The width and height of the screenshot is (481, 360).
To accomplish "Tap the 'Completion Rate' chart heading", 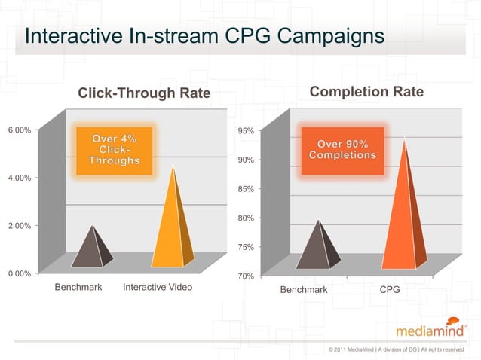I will coord(366,93).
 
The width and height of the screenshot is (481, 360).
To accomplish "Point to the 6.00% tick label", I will coord(19,130).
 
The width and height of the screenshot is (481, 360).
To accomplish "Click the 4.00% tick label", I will coord(19,178).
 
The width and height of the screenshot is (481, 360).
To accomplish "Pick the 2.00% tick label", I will coord(19,226).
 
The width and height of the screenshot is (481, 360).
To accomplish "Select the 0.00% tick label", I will coord(19,273).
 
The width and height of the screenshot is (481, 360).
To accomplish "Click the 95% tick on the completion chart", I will coord(245,131).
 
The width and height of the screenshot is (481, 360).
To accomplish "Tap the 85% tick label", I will coord(245,189).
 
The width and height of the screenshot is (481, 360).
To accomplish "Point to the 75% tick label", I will coord(245,247).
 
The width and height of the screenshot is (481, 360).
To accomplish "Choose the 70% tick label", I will coord(245,276).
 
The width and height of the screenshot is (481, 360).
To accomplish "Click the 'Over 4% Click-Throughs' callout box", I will coord(114,151).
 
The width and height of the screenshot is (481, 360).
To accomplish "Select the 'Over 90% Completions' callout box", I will coord(342,150).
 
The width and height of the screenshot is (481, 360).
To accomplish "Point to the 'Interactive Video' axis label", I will coord(157,288).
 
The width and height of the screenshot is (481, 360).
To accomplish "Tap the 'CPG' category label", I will coord(390,290).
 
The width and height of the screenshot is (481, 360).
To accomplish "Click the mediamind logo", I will coord(430,327).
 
